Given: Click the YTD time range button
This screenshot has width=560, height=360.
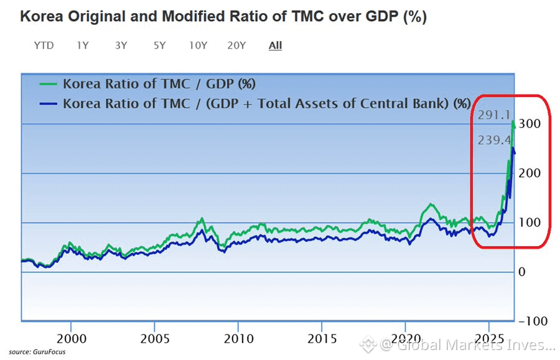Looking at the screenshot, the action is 44,45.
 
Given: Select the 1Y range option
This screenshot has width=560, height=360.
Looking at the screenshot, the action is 83,45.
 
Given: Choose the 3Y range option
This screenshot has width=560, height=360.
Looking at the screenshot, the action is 121,45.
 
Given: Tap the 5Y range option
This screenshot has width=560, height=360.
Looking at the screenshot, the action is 160,45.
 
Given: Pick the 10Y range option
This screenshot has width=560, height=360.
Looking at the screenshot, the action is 198,45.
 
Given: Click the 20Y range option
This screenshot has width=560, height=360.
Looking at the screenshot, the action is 237,45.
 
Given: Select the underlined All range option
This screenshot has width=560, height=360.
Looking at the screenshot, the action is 276,45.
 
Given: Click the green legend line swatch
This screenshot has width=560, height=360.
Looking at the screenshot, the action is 48,84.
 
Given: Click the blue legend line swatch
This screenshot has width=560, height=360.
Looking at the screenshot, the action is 48,104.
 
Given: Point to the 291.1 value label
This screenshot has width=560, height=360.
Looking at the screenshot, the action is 494,115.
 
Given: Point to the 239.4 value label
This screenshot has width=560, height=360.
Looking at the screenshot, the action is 495,141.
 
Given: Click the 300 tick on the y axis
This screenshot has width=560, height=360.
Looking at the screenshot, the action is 530,124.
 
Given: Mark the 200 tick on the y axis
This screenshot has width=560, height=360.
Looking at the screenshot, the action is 530,173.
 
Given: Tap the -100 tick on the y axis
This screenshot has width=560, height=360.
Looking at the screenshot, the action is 533,321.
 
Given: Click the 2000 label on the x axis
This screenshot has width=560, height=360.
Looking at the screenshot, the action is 72,339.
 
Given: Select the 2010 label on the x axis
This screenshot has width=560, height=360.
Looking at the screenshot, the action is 239,339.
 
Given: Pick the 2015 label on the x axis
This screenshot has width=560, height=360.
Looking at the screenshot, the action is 322,339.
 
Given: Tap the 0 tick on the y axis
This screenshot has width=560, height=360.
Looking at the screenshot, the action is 522,272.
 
